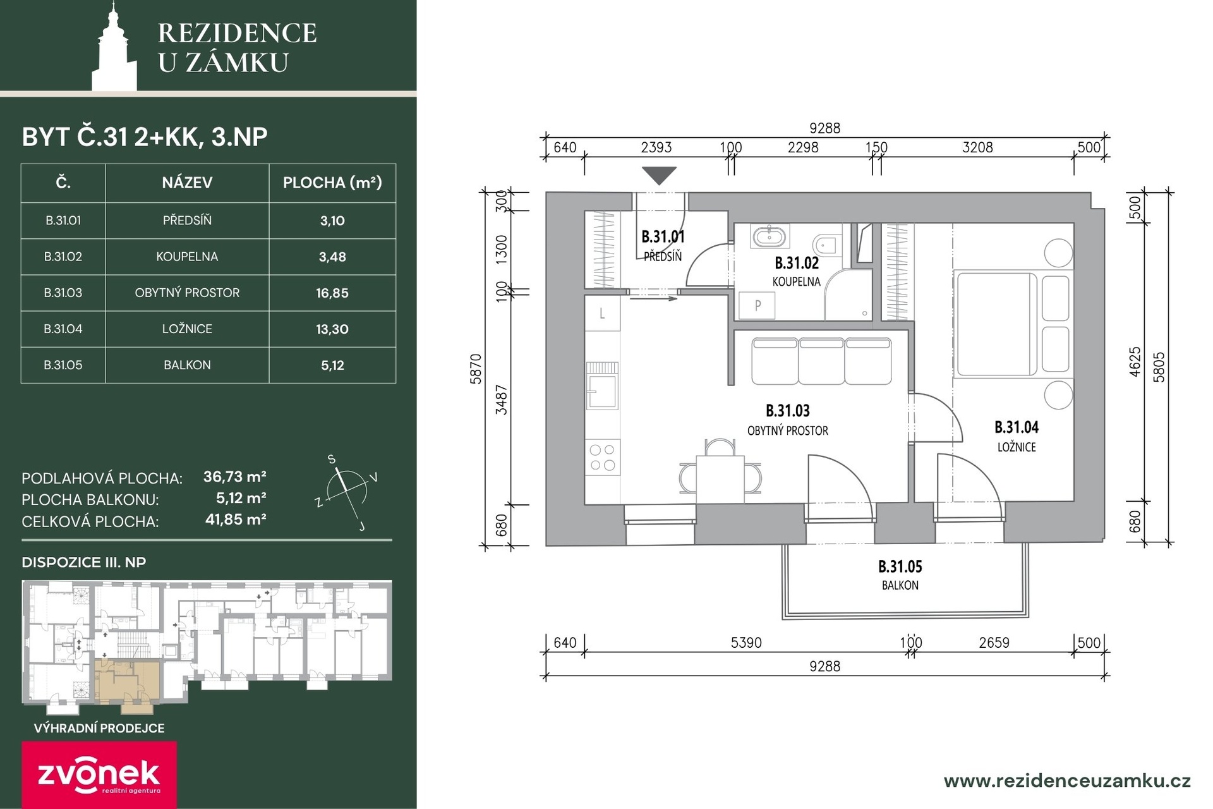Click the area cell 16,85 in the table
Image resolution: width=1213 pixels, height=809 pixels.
click(x=332, y=293)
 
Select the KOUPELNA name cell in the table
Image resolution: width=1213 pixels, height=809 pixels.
click(x=187, y=257)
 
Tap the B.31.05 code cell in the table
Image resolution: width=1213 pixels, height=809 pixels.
click(x=63, y=365)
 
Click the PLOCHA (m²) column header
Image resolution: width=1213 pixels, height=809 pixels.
click(x=332, y=183)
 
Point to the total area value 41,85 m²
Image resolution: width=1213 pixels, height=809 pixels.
click(x=236, y=520)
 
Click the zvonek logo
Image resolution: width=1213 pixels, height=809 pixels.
click(x=99, y=775)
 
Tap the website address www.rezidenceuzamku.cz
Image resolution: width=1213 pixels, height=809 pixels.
click(x=1067, y=781)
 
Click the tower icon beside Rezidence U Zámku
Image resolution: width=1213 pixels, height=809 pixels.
click(x=114, y=47)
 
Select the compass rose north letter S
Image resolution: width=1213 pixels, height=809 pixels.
click(x=332, y=459)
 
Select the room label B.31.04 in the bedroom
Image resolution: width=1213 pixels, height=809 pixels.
click(x=1017, y=427)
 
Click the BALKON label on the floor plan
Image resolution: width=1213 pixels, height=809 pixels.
click(x=900, y=585)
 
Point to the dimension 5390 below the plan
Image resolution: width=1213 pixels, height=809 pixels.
click(x=746, y=643)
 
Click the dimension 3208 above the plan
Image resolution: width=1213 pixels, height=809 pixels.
click(x=977, y=147)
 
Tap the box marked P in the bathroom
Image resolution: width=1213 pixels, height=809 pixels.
click(x=757, y=306)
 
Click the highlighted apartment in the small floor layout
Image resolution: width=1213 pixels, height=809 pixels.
click(x=127, y=681)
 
